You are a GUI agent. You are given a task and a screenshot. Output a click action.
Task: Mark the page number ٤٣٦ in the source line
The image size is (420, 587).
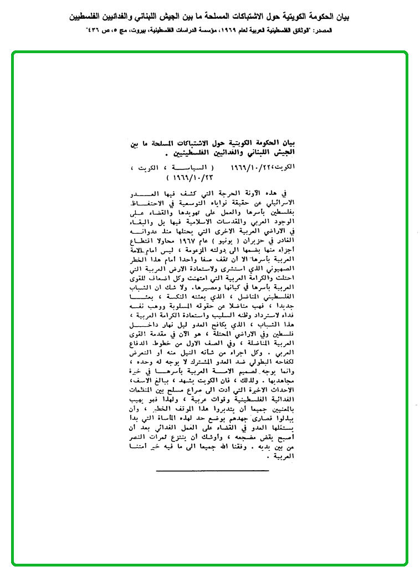tap(92, 30)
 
